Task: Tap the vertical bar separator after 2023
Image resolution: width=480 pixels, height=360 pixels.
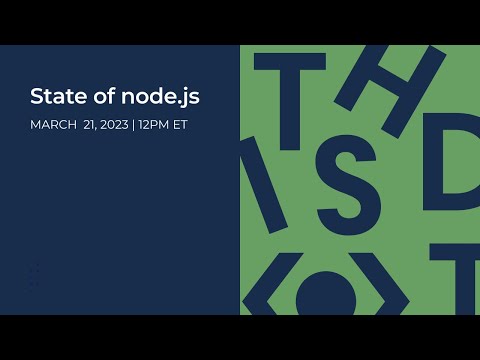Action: point(134,125)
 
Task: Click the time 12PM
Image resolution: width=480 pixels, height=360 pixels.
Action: point(153,125)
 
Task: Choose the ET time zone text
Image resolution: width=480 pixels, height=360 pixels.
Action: point(178,125)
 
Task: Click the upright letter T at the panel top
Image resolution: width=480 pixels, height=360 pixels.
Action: point(290,95)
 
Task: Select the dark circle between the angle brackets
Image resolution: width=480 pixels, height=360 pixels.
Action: point(325,296)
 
